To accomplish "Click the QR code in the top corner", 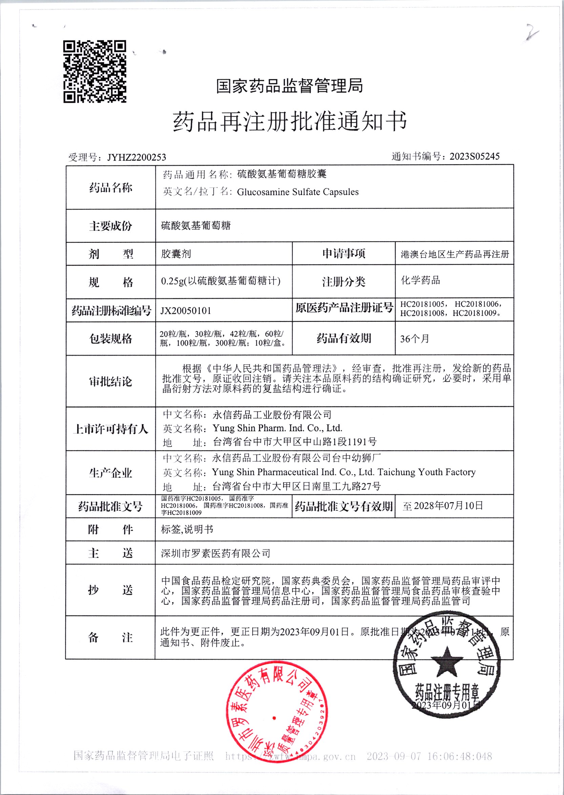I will tap(95, 72).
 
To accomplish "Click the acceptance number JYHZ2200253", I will tap(137, 157).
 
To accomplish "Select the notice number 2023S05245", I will tap(474, 156).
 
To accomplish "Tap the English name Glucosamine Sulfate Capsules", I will tap(298, 192).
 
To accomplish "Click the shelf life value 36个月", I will tap(414, 339).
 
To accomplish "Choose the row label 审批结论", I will tap(110, 382).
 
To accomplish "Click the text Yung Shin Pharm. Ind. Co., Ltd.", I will tap(277, 428).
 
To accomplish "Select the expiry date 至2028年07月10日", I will tap(443, 506).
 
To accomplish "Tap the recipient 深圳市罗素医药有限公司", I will tap(215, 553).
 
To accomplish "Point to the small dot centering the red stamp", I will tap(274, 717).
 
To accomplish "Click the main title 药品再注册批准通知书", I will tap(290, 122).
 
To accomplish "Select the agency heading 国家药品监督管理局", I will tap(289, 85).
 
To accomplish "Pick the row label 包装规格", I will tap(110, 339).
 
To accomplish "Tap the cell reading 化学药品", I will tap(420, 280).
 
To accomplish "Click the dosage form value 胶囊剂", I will tap(176, 254).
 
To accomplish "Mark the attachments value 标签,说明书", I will tap(187, 530).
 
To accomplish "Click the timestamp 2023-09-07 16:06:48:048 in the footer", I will tap(429, 756).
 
